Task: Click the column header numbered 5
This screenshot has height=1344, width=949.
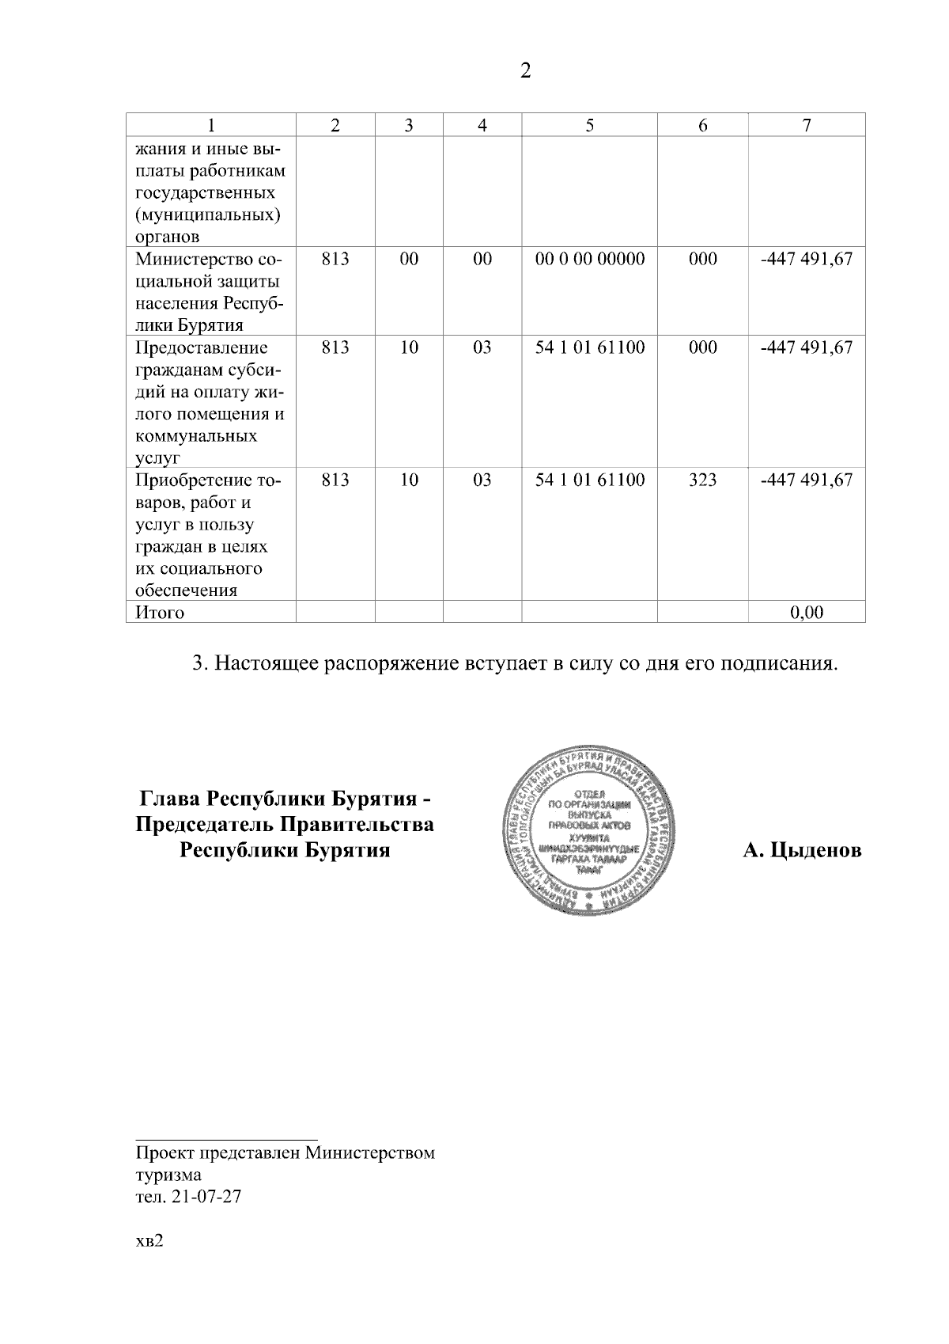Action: (590, 125)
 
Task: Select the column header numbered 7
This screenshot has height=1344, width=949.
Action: (807, 125)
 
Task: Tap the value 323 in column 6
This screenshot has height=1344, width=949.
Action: (702, 480)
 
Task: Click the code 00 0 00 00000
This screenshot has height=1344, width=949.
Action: (590, 259)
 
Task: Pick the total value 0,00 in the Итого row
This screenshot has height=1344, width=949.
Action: (807, 612)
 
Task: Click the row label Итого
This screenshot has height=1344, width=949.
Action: (160, 613)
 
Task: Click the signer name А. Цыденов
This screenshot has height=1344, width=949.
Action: (802, 851)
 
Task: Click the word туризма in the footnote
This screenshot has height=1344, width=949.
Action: (168, 1175)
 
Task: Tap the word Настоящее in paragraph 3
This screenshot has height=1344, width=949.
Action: (267, 663)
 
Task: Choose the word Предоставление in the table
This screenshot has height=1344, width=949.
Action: (202, 347)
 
